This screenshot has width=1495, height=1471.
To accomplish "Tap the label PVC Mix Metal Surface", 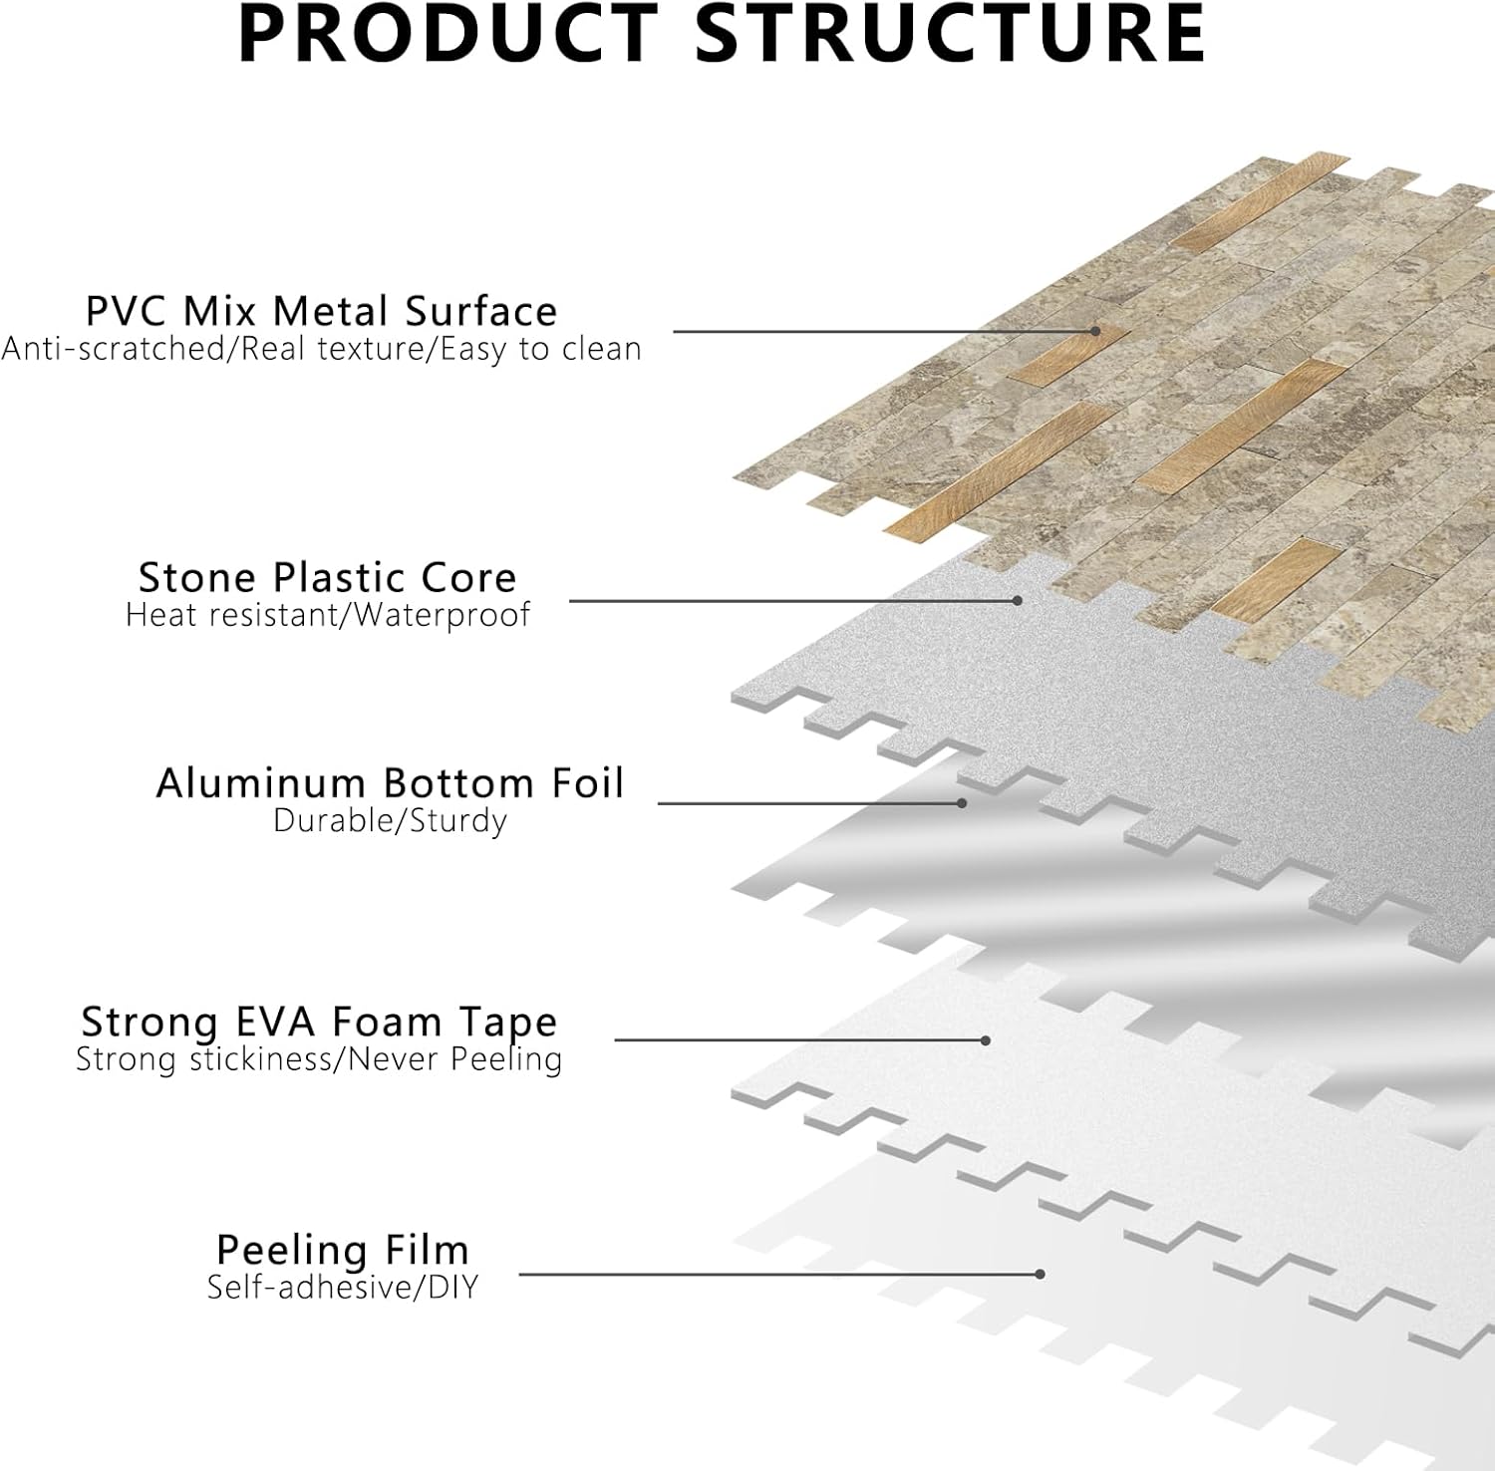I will [x=321, y=312].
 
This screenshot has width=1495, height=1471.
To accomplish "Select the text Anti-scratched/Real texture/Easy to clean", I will [x=321, y=350].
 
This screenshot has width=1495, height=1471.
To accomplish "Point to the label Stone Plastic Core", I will [x=327, y=578].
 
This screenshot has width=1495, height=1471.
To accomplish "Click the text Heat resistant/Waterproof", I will [x=327, y=615].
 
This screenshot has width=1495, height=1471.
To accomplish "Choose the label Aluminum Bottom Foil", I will [x=390, y=783].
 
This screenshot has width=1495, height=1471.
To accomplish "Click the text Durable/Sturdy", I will [x=390, y=821].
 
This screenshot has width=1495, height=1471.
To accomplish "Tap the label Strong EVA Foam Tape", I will [x=319, y=1023].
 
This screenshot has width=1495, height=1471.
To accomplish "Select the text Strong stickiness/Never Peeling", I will [x=319, y=1059].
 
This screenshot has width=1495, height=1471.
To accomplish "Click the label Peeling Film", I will [x=342, y=1250].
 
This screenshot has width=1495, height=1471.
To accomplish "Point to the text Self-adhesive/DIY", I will [x=342, y=1288].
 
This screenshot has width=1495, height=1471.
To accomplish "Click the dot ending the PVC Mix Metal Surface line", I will [x=1094, y=331].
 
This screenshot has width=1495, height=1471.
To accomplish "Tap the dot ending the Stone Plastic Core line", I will [x=1017, y=601].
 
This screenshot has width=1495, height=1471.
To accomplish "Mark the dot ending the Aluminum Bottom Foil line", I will [x=962, y=803].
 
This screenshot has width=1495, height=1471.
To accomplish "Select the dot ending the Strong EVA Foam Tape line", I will [x=985, y=1040].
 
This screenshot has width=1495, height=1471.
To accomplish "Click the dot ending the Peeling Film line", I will [x=1040, y=1274].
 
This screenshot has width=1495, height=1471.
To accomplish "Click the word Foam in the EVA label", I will [x=386, y=1023].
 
